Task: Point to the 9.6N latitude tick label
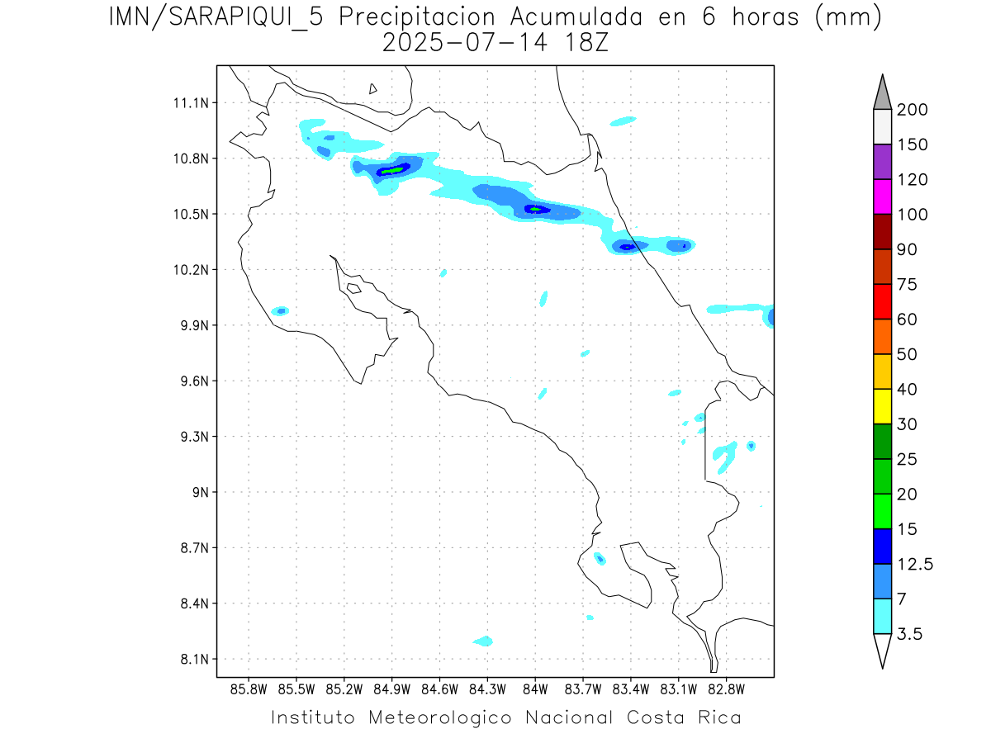click(x=190, y=381)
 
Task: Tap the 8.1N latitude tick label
click(x=190, y=660)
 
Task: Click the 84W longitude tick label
click(x=535, y=689)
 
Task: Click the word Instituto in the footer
click(x=314, y=717)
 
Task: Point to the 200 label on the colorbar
click(x=912, y=110)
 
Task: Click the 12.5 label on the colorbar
click(x=915, y=565)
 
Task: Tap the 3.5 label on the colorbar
click(x=909, y=634)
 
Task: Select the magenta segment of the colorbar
click(x=882, y=196)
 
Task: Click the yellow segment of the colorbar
click(x=882, y=406)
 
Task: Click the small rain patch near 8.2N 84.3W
click(x=483, y=641)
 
